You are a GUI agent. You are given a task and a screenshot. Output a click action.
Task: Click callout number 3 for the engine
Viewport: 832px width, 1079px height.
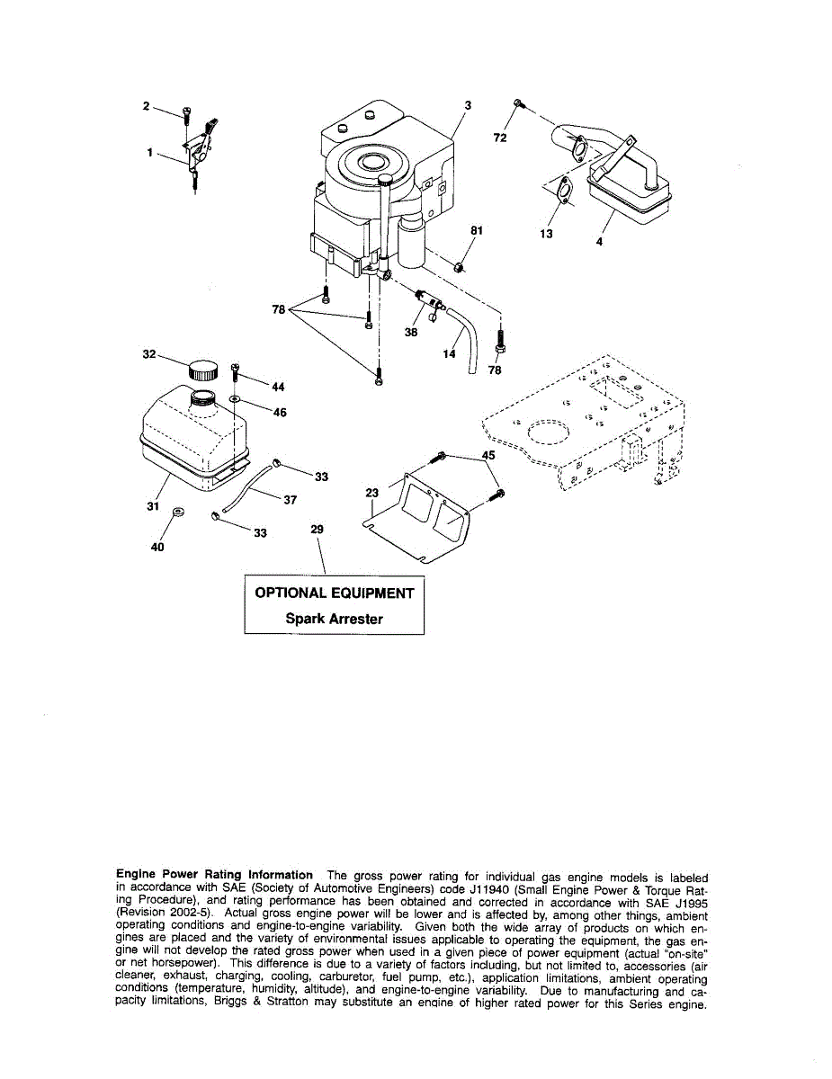click(x=468, y=105)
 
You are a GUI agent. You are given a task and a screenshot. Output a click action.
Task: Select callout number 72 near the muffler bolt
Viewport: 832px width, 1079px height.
click(x=500, y=138)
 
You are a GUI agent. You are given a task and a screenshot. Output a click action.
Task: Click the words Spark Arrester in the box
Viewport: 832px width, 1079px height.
click(x=334, y=619)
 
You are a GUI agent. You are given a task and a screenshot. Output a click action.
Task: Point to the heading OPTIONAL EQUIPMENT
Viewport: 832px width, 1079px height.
click(x=335, y=593)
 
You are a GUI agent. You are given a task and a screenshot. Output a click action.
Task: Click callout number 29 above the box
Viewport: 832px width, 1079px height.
click(x=317, y=530)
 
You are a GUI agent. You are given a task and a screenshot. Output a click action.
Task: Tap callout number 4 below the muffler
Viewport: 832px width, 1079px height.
click(x=599, y=241)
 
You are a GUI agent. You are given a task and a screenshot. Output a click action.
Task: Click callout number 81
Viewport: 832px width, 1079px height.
click(x=478, y=231)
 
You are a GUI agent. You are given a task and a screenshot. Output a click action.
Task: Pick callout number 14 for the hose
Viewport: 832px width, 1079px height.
click(x=450, y=353)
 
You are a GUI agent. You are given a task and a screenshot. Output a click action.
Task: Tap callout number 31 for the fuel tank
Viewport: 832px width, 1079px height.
click(x=153, y=506)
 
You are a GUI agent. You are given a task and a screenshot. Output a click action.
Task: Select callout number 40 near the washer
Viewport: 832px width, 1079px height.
click(x=158, y=547)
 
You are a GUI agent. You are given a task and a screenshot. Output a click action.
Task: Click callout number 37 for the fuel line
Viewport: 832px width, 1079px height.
click(x=290, y=500)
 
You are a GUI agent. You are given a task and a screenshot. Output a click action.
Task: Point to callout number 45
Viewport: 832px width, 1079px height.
click(x=488, y=456)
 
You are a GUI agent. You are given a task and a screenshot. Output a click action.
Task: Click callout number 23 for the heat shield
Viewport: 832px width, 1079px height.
click(x=372, y=493)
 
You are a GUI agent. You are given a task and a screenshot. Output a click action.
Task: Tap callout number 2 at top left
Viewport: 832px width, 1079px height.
click(x=146, y=106)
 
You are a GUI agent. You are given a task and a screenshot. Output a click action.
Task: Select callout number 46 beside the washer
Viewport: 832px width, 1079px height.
click(x=280, y=413)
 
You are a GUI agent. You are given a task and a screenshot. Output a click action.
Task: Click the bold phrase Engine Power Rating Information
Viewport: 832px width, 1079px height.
click(x=215, y=875)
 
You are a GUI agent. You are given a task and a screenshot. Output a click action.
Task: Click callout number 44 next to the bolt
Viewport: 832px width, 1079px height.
click(x=278, y=388)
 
